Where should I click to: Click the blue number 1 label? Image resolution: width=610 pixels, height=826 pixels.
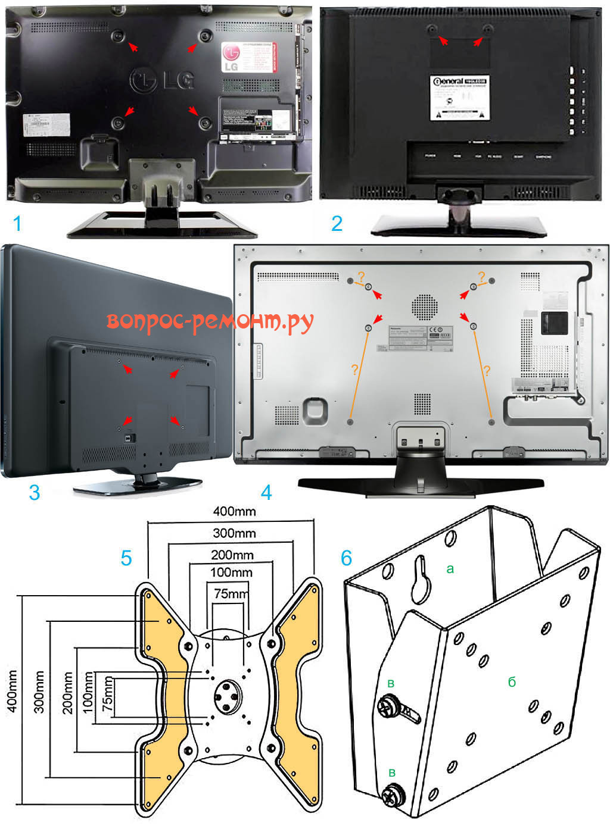(x=17, y=224)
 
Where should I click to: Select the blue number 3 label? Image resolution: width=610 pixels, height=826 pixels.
(x=34, y=492)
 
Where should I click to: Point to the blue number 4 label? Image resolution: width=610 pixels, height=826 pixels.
(x=266, y=492)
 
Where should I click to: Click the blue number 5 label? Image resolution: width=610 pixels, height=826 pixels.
(x=126, y=558)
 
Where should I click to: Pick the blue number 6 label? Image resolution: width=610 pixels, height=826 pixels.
(x=346, y=558)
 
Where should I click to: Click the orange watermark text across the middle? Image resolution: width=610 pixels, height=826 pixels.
(x=210, y=321)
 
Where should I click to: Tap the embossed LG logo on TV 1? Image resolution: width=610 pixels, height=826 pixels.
(x=162, y=79)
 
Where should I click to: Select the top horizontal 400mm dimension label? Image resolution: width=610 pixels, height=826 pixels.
(x=234, y=511)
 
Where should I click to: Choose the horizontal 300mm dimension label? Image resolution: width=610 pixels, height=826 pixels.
(x=234, y=533)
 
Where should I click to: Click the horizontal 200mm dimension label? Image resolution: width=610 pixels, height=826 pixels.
(x=232, y=555)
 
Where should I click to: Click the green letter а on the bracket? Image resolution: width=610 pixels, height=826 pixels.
(x=450, y=569)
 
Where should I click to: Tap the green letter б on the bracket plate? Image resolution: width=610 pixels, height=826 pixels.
(x=511, y=682)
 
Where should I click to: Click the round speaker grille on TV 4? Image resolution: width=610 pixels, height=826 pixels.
(x=424, y=306)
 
